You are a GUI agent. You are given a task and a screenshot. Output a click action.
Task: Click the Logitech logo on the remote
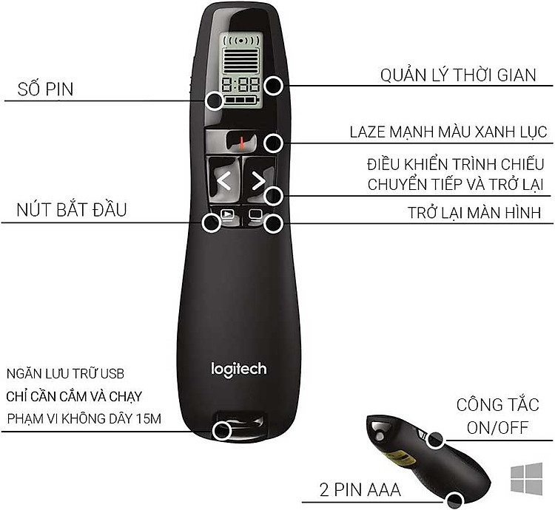[x=238, y=370]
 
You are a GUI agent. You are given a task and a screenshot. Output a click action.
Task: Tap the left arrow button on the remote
[x=223, y=181]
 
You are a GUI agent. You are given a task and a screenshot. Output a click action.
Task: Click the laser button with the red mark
[x=241, y=142]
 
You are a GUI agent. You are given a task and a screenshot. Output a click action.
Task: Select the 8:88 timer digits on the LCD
[x=240, y=85]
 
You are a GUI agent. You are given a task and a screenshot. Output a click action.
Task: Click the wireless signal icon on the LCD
[x=241, y=41]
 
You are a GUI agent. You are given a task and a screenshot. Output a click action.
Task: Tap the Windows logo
[x=526, y=478]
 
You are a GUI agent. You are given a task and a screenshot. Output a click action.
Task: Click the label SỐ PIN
[x=45, y=89]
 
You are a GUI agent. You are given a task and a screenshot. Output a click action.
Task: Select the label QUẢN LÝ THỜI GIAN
[x=458, y=75]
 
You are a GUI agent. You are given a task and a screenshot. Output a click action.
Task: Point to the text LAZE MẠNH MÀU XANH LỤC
[x=448, y=132]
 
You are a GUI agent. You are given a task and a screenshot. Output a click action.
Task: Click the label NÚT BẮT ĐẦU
[x=72, y=209]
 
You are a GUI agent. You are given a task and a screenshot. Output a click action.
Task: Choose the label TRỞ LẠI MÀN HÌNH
[x=474, y=213]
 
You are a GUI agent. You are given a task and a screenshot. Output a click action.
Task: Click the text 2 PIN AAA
[x=360, y=490]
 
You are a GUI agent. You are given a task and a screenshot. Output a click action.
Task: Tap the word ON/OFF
[x=497, y=428]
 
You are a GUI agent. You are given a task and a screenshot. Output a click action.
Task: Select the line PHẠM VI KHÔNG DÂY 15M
[x=84, y=419]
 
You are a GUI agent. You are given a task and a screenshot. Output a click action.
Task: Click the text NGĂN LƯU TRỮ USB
[x=65, y=373]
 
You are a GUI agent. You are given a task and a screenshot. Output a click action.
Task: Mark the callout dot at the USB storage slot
[x=222, y=431]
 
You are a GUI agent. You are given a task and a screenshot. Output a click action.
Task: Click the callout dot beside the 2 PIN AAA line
[x=454, y=501]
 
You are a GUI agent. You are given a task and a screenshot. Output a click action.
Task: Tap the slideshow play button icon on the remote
[x=227, y=214]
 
